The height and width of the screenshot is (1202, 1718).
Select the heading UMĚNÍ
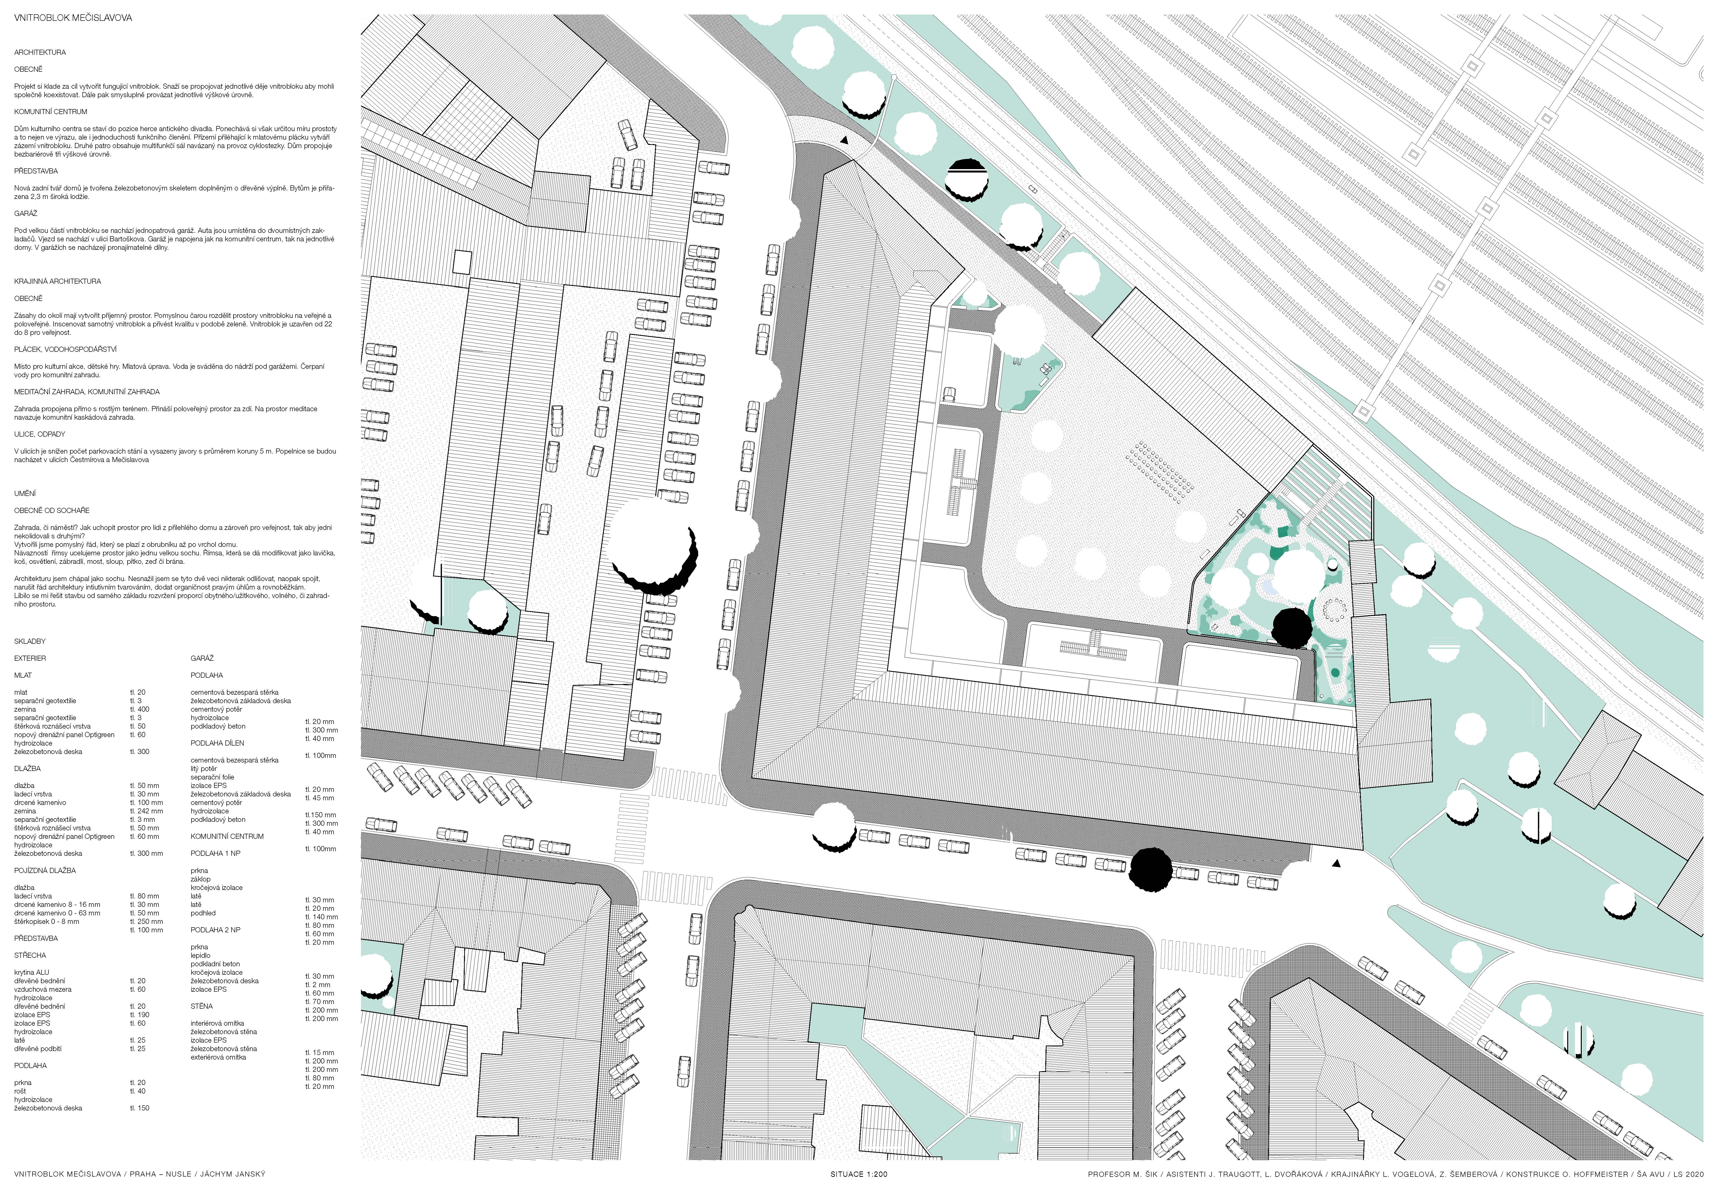point(25,494)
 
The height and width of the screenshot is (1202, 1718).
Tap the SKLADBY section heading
point(30,641)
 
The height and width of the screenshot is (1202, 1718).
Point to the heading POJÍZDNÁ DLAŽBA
point(45,871)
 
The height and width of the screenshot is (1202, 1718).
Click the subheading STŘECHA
point(30,955)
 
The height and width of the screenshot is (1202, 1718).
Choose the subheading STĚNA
point(202,1006)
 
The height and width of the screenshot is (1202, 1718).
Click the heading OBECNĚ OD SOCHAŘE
point(52,510)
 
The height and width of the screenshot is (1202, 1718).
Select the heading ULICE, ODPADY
point(40,434)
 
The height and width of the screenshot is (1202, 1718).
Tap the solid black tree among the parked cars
point(1151,870)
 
